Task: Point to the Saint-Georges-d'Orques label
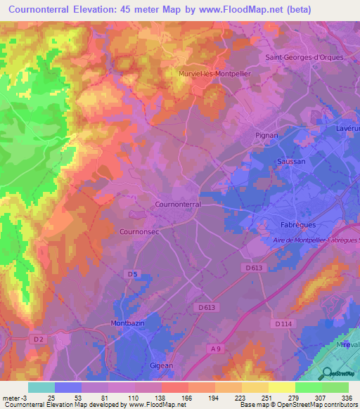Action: click(304, 58)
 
